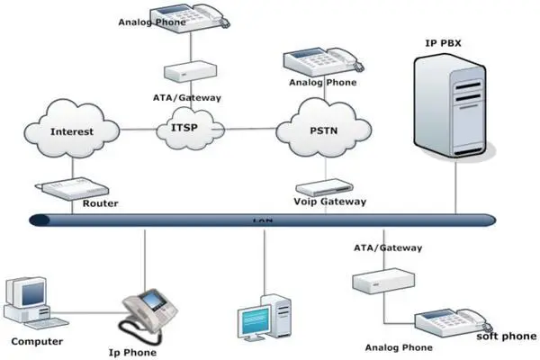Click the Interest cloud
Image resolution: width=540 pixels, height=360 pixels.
pyautogui.click(x=72, y=132)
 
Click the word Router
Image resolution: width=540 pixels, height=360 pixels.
pyautogui.click(x=100, y=203)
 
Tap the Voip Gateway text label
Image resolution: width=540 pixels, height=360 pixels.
pyautogui.click(x=330, y=202)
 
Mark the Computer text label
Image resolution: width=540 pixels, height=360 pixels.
pyautogui.click(x=36, y=342)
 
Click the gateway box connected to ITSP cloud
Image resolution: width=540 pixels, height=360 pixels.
pyautogui.click(x=186, y=71)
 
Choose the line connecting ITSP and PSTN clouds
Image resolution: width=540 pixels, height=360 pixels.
pyautogui.click(x=248, y=128)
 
